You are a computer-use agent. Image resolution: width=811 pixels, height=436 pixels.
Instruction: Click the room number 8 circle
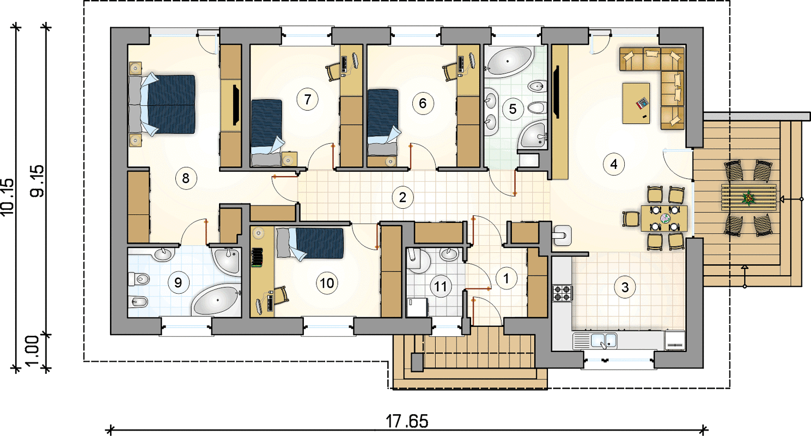[185, 178]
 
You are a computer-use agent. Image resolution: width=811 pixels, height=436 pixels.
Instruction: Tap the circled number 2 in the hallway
[403, 197]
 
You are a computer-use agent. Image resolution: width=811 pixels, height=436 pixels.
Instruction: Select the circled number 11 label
[440, 287]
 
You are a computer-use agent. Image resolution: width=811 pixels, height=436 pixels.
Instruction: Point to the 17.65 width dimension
[406, 421]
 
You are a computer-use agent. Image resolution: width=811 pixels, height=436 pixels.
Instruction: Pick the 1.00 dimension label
[33, 351]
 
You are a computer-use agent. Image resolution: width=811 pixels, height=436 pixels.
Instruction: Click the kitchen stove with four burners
[562, 293]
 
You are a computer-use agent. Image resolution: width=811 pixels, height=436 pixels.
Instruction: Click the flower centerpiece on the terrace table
[748, 198]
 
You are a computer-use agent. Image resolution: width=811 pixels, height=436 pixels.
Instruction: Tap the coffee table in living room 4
[636, 104]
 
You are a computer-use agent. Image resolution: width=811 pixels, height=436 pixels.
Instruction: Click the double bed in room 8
[162, 104]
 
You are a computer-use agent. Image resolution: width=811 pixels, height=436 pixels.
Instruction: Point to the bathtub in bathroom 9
[216, 300]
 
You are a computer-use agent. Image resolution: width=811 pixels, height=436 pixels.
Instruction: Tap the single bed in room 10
[310, 243]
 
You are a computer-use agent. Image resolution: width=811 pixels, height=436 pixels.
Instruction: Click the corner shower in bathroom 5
[532, 135]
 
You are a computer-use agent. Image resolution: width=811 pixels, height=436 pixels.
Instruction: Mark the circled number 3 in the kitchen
[625, 287]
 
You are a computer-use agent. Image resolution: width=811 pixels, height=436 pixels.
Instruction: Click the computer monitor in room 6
[472, 60]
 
